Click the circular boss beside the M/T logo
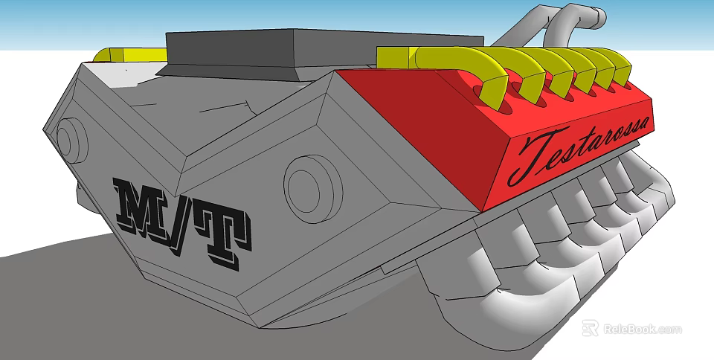313,189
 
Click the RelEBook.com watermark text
643,329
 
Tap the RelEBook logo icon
590,328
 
